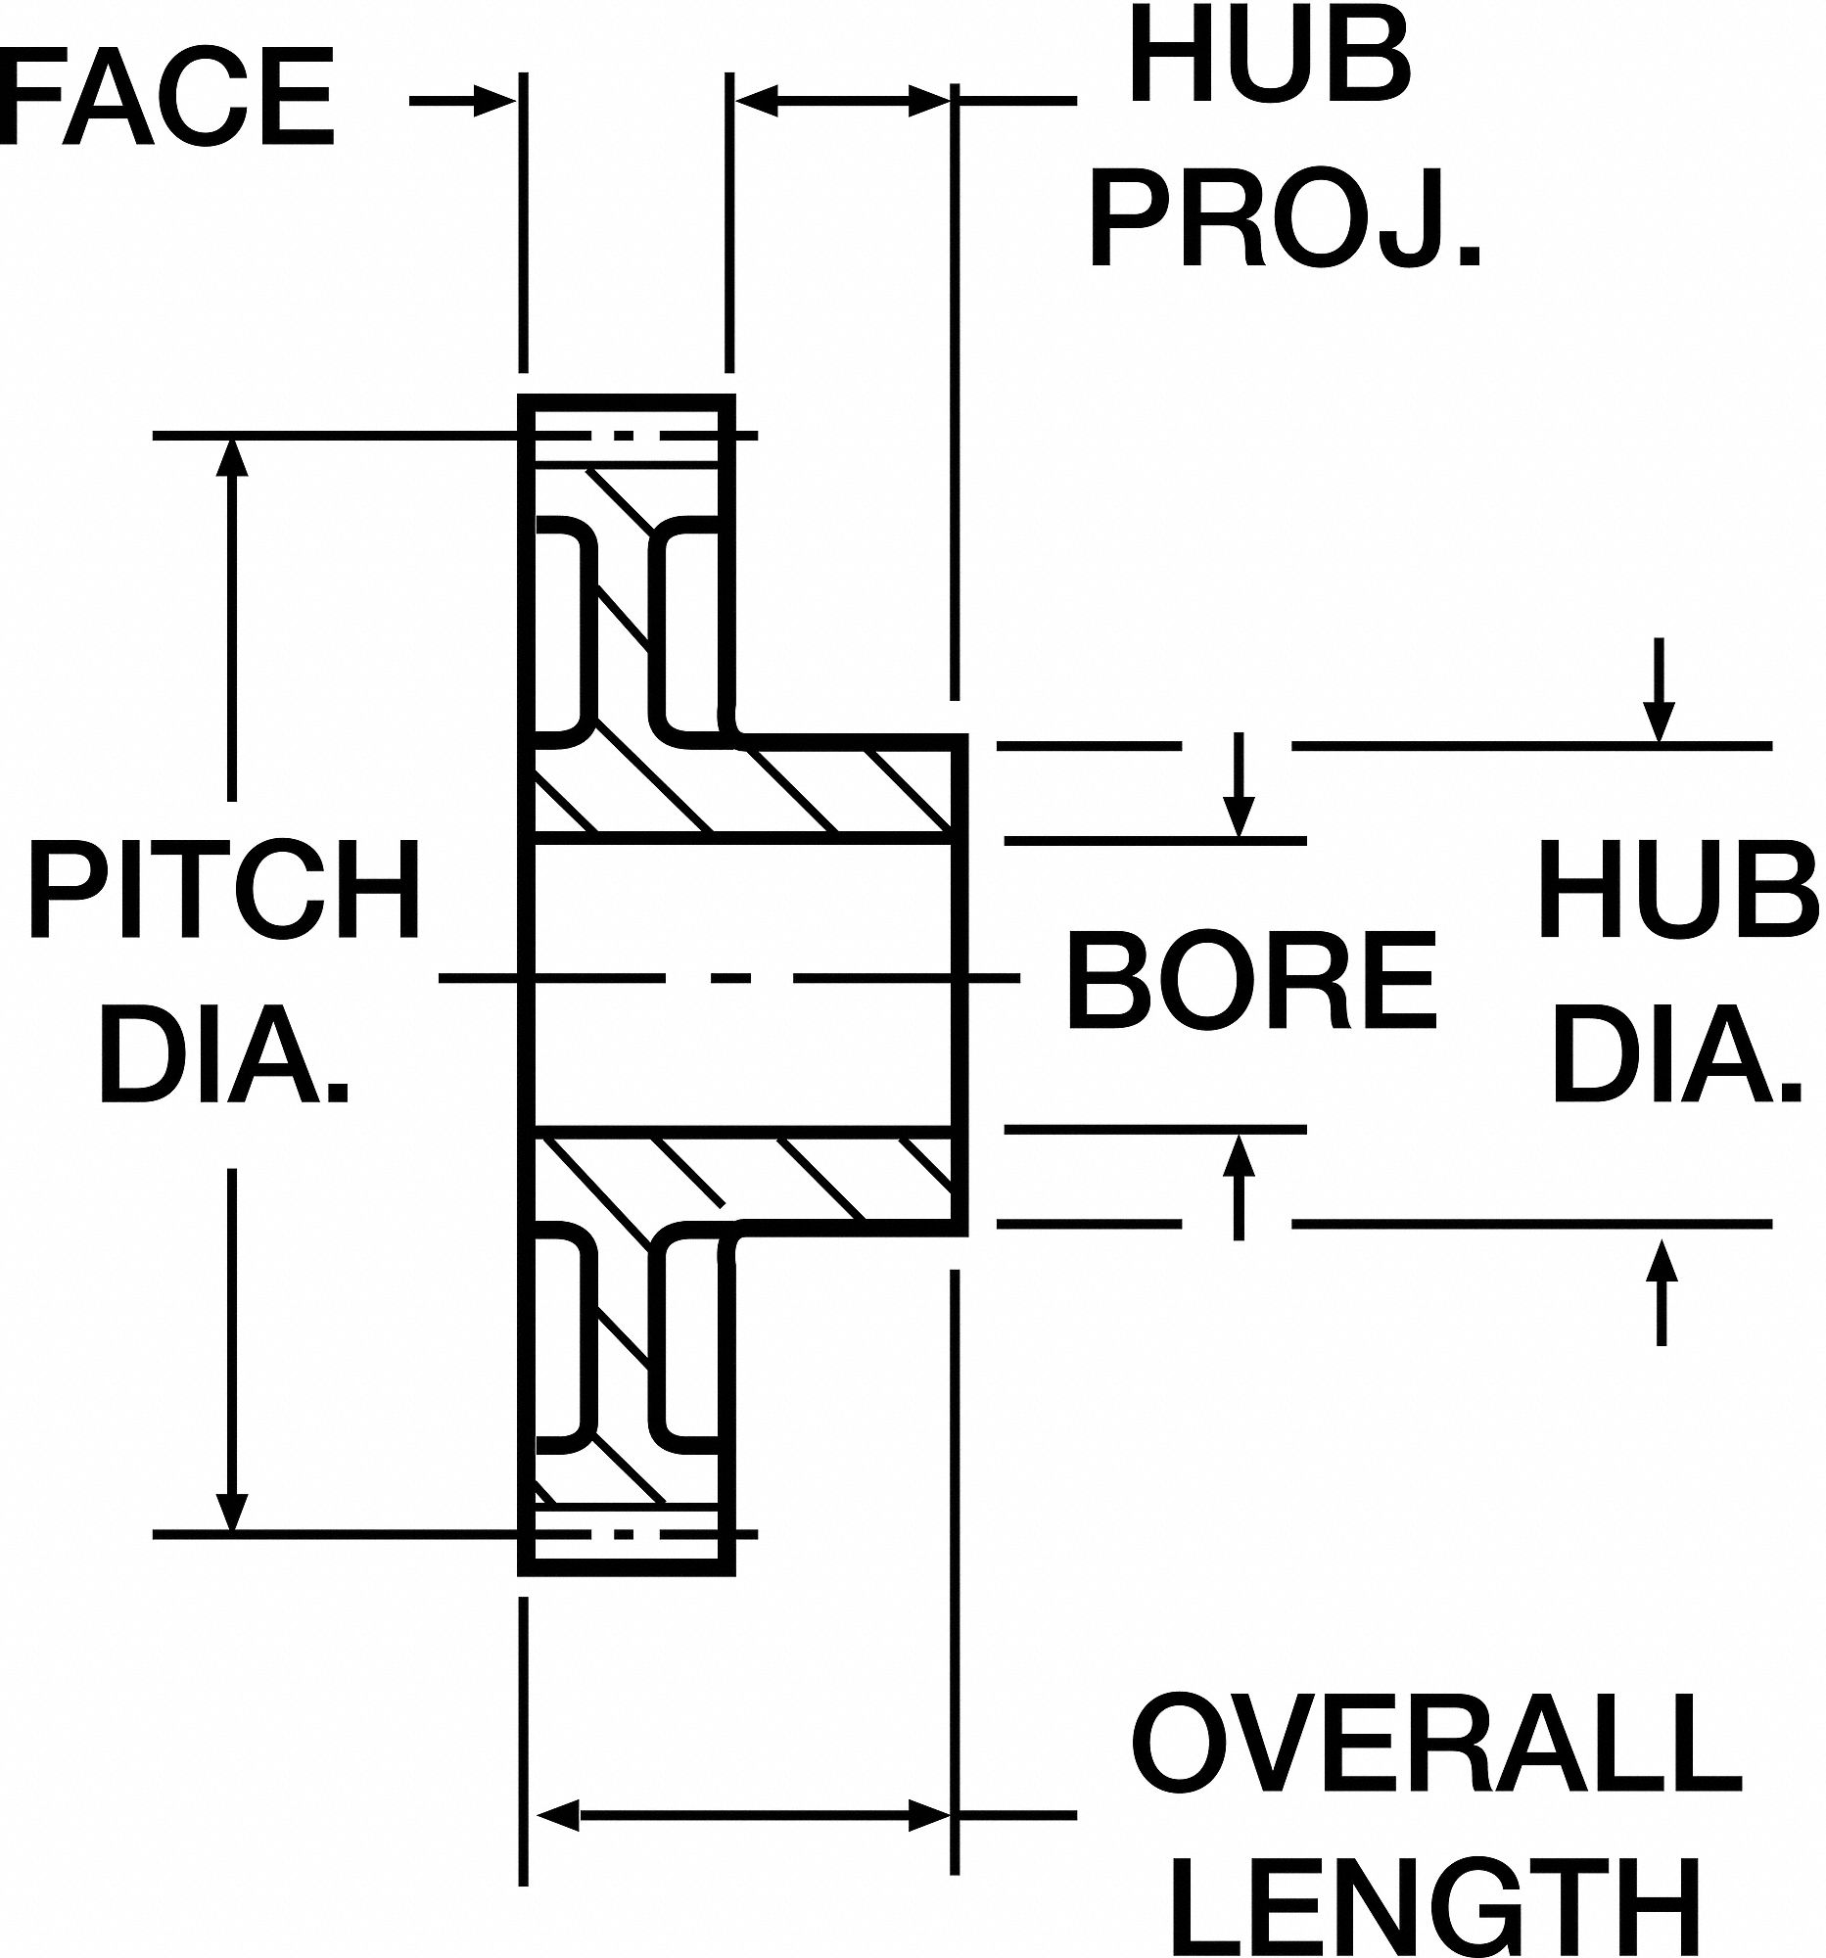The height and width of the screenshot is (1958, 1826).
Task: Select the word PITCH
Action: pyautogui.click(x=225, y=888)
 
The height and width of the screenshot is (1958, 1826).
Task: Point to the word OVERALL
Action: pyautogui.click(x=1436, y=1748)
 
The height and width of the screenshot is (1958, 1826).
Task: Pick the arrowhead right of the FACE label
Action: pyautogui.click(x=495, y=100)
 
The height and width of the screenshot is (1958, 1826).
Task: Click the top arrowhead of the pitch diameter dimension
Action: pyautogui.click(x=232, y=456)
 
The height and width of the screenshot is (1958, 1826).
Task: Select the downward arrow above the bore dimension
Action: pyautogui.click(x=1239, y=815)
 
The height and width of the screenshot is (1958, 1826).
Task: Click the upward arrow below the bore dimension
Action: pyautogui.click(x=1239, y=1153)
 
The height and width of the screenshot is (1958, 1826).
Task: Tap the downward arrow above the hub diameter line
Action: pyautogui.click(x=1660, y=720)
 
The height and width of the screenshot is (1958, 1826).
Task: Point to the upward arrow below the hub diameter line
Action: pyautogui.click(x=1662, y=1262)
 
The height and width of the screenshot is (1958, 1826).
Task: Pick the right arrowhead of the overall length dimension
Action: pyautogui.click(x=928, y=1813)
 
